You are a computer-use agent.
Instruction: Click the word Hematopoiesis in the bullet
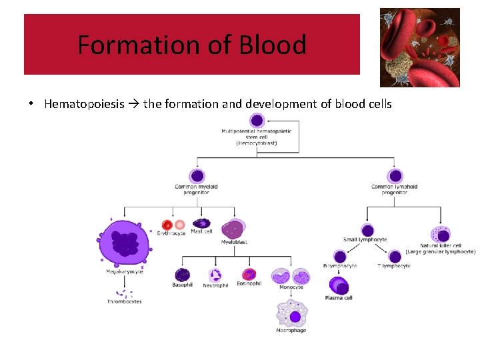click(84, 104)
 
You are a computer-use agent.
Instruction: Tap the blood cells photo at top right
click(420, 48)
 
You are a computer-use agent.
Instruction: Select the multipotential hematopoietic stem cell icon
click(257, 121)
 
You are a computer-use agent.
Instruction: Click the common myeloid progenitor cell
click(196, 176)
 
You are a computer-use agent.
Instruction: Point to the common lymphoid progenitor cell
click(395, 176)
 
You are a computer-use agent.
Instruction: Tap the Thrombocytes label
click(125, 302)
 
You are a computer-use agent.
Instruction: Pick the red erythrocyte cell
click(168, 225)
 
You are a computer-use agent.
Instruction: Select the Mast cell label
click(201, 232)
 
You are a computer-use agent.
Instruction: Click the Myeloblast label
click(234, 243)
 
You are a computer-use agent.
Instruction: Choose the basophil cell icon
click(182, 275)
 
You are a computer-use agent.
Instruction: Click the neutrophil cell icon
click(215, 275)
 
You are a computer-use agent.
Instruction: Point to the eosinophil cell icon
click(249, 274)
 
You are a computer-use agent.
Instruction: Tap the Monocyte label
click(291, 287)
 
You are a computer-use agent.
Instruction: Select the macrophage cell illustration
click(291, 313)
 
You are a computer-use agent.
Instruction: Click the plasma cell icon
click(339, 287)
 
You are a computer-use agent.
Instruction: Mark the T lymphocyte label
click(393, 266)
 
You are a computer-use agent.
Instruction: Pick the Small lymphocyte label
click(365, 240)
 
